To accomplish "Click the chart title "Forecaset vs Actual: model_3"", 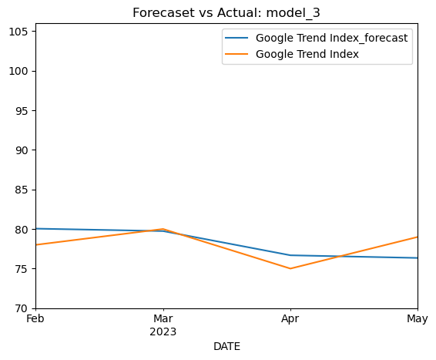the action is (x=226, y=13).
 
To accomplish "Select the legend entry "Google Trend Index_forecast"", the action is (x=332, y=38).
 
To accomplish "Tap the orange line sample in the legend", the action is (x=236, y=54).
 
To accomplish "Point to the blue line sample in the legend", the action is (x=236, y=38).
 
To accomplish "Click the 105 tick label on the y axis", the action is (x=18, y=32).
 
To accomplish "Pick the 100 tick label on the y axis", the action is (x=18, y=71).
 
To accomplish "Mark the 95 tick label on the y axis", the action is (x=22, y=111).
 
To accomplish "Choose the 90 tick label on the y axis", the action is (x=22, y=150).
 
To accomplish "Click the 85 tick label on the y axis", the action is (x=22, y=190).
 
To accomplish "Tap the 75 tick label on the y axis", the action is (x=22, y=269).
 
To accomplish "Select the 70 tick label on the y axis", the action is (x=22, y=308).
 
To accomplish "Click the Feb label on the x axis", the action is (x=35, y=318).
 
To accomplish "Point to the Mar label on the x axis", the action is (x=163, y=318).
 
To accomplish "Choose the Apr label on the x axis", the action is (x=290, y=319).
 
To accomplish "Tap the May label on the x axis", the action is (x=418, y=319).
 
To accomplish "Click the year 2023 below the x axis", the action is (x=163, y=332).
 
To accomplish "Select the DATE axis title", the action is (x=226, y=347).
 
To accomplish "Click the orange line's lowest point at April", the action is (x=290, y=269).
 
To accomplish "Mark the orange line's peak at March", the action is (x=163, y=229).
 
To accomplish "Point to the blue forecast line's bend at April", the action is (x=290, y=255).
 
